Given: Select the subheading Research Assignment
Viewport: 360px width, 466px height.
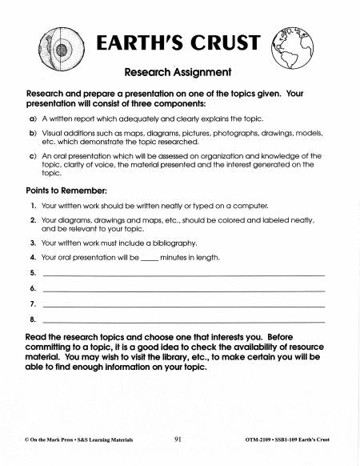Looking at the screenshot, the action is coord(178,71).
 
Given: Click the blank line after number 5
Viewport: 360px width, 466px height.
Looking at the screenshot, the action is coord(183,274).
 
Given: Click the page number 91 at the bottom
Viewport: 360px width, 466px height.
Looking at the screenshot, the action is coord(178,440).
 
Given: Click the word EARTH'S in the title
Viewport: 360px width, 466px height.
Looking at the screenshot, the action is coord(135,44).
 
